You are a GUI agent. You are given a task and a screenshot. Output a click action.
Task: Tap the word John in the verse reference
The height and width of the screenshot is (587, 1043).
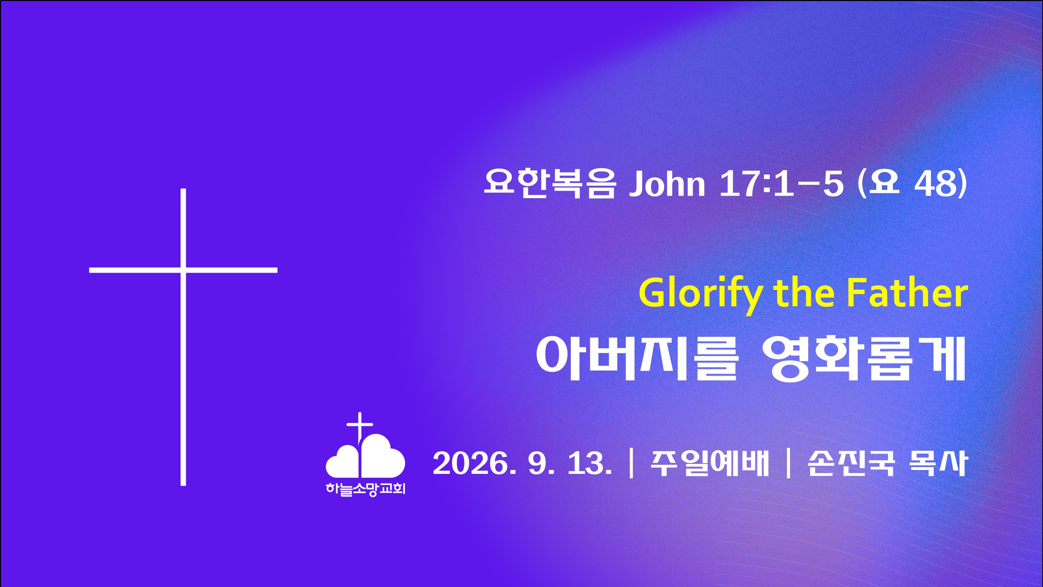[667, 184]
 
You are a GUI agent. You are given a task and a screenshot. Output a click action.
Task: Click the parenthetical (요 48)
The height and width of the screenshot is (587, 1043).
[912, 184]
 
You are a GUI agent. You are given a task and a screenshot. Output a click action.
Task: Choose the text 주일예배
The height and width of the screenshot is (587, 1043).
[709, 464]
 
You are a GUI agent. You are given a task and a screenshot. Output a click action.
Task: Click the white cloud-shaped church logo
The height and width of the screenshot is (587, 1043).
[365, 456]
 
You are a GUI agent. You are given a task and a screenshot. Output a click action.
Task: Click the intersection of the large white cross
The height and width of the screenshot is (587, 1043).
[183, 270]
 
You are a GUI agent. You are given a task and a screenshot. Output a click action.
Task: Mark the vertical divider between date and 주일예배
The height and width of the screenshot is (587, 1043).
[631, 464]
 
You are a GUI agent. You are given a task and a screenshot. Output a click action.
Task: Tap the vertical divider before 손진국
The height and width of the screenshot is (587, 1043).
[788, 464]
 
